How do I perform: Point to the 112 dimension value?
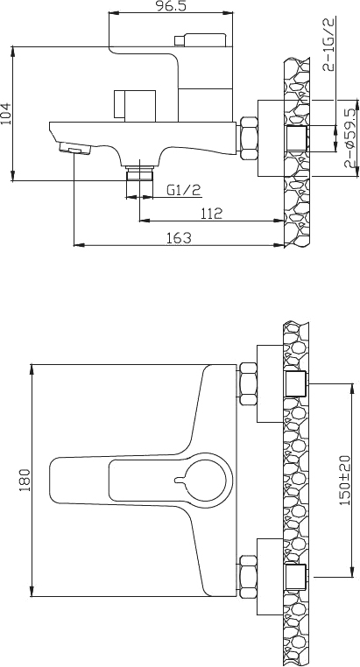pyautogui.click(x=209, y=213)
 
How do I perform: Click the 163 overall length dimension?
pyautogui.click(x=179, y=237)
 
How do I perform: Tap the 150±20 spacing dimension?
pyautogui.click(x=344, y=480)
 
